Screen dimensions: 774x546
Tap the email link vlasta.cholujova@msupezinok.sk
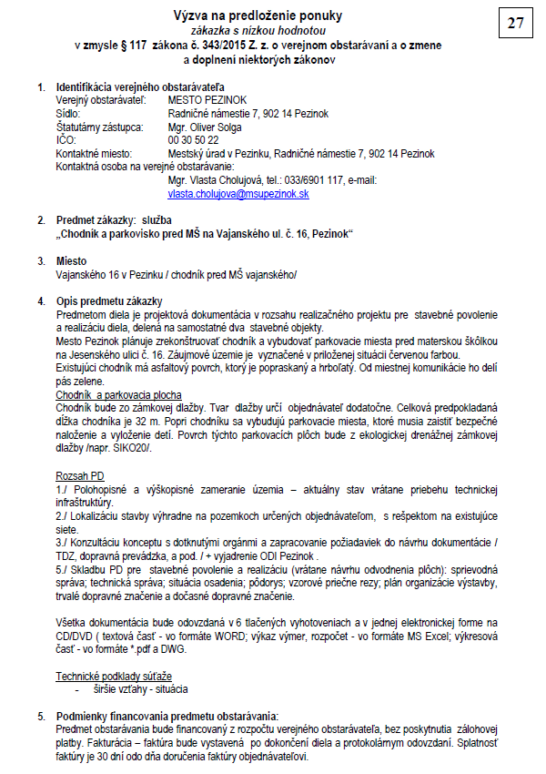tap(238, 194)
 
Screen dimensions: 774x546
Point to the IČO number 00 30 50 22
tap(193, 140)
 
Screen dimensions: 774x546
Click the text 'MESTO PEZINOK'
tap(207, 100)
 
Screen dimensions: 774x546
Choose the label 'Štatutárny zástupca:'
tap(99, 127)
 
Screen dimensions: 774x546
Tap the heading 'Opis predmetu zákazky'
tap(108, 300)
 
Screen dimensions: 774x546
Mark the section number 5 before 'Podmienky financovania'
tap(40, 716)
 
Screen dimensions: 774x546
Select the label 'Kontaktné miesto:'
tap(94, 154)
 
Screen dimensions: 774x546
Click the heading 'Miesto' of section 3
tap(72, 260)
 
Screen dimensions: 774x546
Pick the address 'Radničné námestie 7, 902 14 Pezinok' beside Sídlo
tap(248, 114)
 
